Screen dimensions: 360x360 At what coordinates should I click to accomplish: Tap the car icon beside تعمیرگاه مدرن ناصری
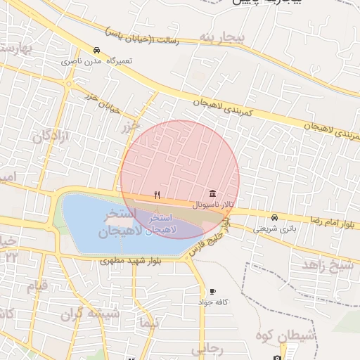coord(96,51)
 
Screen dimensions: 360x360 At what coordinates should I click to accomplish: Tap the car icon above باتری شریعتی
coord(274,217)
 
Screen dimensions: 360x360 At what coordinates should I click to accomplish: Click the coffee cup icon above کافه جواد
coord(212,291)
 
